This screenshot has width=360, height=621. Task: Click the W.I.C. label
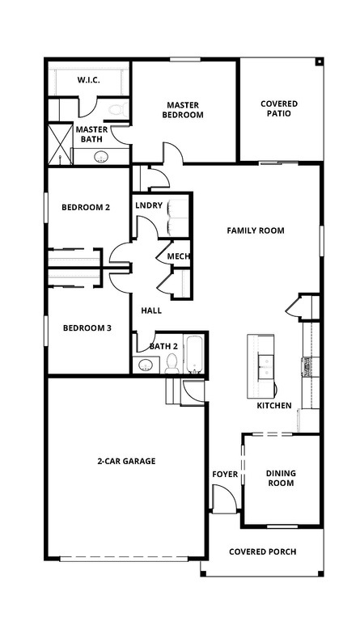coord(87,80)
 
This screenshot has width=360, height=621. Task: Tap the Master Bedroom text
coord(184,110)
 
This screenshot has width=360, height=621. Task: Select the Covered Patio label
coord(279,109)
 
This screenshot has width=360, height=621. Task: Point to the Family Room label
coord(255,230)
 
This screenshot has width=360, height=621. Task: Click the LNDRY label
coord(149,205)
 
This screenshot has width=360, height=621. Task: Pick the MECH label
coord(178,257)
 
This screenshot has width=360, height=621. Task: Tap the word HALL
coord(151,310)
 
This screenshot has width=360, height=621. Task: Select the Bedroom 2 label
coord(86,207)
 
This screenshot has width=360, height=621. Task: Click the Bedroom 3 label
coord(87,327)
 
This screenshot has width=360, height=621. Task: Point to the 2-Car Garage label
coord(126,461)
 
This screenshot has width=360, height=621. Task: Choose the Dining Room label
coord(281,478)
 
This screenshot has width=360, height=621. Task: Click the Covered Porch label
coord(262,551)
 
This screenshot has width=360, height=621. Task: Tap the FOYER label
coord(225,474)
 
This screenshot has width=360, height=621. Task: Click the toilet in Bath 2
coord(172,365)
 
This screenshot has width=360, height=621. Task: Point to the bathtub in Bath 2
coord(196,354)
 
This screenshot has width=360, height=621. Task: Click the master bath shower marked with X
coord(61,143)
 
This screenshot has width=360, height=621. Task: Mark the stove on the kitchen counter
coord(307,368)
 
